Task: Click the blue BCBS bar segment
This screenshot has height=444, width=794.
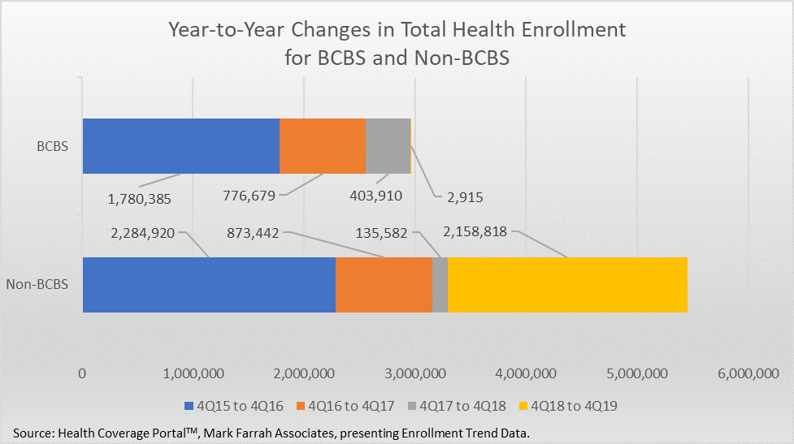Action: point(180,146)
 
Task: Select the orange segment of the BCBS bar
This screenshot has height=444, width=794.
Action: point(322,146)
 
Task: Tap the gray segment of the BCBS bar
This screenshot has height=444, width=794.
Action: point(388,146)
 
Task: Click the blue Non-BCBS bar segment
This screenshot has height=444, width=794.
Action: point(209,285)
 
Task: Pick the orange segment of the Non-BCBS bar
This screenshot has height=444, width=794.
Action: point(384,285)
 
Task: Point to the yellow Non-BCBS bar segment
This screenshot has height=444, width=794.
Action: point(567,285)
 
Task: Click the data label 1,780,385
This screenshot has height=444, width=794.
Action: point(139,196)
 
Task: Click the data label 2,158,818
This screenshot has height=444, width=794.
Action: point(475,232)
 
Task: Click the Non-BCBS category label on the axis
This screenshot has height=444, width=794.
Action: point(37,285)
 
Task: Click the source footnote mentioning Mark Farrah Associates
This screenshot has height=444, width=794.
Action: point(276,429)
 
